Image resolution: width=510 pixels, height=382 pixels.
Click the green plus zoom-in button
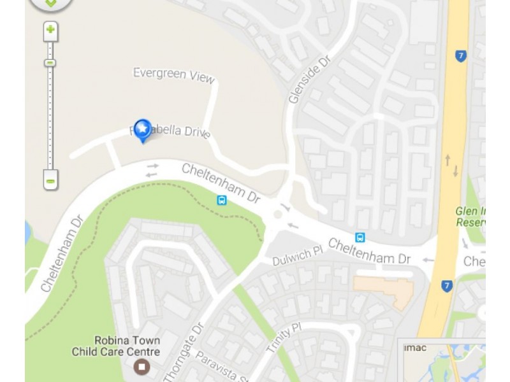click(x=50, y=30)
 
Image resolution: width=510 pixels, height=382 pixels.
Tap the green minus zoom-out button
click(x=51, y=180)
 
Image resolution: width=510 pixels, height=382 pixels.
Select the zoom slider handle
click(x=50, y=62)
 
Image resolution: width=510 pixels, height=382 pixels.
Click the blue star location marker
click(x=142, y=129)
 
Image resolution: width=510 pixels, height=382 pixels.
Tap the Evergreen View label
click(x=173, y=74)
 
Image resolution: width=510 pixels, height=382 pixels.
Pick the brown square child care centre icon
click(x=142, y=367)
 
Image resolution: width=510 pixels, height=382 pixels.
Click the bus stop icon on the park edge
click(x=221, y=201)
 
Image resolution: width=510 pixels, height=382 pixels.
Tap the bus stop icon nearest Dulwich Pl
click(x=360, y=237)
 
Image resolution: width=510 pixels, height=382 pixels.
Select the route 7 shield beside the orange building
click(x=447, y=286)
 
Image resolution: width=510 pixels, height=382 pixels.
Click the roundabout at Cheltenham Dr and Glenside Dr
click(x=278, y=215)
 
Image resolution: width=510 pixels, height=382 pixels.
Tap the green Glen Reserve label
click(x=470, y=217)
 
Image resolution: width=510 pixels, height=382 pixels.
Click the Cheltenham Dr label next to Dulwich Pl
click(x=369, y=251)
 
